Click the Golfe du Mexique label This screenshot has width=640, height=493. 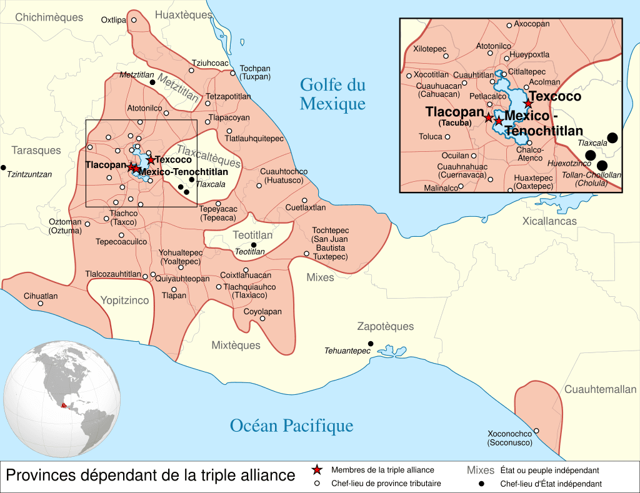(x=332, y=94)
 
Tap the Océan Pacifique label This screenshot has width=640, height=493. (x=291, y=426)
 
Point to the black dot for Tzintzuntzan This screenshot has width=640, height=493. (x=3, y=167)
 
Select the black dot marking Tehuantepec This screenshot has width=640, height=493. (x=371, y=344)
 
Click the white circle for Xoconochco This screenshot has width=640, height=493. (x=536, y=431)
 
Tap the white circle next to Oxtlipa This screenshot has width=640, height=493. (x=133, y=20)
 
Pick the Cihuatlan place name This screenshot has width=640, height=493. (x=41, y=296)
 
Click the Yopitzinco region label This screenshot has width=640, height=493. (x=125, y=301)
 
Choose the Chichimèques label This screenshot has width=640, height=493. (x=49, y=17)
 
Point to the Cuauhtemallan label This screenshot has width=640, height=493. (x=601, y=389)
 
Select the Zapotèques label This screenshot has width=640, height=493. (x=385, y=326)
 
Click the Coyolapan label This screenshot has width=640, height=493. (x=262, y=311)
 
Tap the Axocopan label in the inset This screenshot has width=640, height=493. (x=532, y=24)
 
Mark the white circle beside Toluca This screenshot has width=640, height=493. (x=447, y=137)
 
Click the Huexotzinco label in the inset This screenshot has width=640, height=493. (x=569, y=163)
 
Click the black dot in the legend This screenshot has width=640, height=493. (x=482, y=484)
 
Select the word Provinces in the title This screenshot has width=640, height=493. (x=42, y=475)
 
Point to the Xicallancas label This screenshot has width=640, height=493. (x=549, y=221)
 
